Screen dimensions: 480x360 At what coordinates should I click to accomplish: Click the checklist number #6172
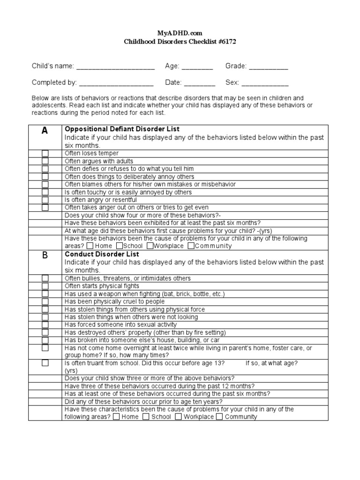click(225, 41)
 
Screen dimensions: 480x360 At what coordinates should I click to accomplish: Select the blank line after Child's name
click(115, 67)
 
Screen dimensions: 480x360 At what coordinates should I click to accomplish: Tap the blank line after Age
click(197, 67)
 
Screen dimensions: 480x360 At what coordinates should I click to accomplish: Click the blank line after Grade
click(268, 67)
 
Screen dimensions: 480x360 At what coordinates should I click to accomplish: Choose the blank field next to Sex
click(265, 82)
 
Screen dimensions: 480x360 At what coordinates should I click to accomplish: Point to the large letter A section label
click(45, 131)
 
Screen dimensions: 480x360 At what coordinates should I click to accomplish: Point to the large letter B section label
click(45, 255)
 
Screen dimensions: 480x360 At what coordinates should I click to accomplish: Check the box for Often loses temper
click(45, 153)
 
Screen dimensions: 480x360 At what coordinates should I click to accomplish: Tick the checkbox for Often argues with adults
click(45, 161)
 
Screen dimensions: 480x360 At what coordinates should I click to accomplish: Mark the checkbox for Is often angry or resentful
click(45, 200)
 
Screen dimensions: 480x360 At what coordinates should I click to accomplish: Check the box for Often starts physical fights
click(45, 286)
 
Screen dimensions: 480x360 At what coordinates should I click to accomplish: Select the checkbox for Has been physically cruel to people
click(45, 301)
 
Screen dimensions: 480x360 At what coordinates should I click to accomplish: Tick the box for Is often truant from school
click(45, 363)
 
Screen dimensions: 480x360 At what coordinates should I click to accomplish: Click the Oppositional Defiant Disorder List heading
click(122, 129)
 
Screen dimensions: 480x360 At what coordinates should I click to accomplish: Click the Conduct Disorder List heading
click(98, 254)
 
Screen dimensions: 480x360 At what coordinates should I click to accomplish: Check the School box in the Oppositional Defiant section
click(120, 246)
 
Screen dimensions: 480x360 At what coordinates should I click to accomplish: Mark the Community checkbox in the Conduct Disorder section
click(219, 417)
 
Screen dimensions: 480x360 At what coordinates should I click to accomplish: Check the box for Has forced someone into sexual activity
click(45, 324)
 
